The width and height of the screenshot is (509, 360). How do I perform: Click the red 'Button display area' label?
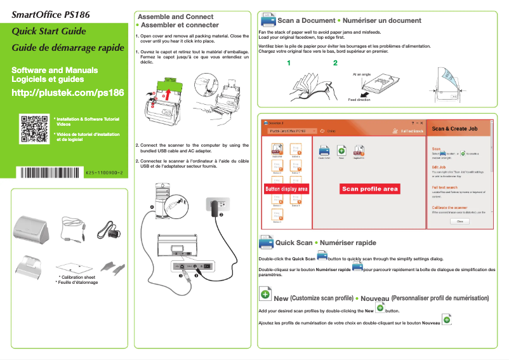click(286, 189)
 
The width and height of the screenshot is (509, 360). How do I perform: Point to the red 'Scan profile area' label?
click(370, 189)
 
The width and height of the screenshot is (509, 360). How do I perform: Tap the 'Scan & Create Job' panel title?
click(454, 129)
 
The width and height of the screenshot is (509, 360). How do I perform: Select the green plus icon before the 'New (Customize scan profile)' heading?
click(266, 293)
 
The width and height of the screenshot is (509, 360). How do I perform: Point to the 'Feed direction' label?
click(359, 100)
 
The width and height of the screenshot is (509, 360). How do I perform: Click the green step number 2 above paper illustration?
click(335, 63)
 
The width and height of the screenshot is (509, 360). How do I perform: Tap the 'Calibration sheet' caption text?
click(77, 277)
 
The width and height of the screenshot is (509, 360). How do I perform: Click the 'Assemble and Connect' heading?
click(175, 17)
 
